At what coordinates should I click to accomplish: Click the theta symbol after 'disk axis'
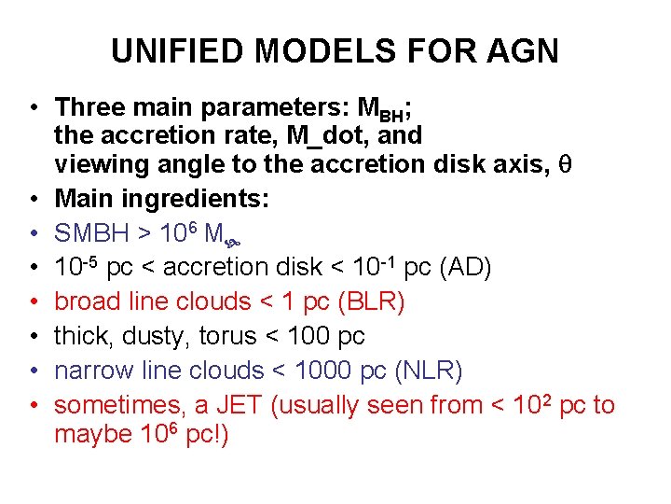pyautogui.click(x=563, y=164)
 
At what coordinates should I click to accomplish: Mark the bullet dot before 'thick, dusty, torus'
pyautogui.click(x=33, y=336)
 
